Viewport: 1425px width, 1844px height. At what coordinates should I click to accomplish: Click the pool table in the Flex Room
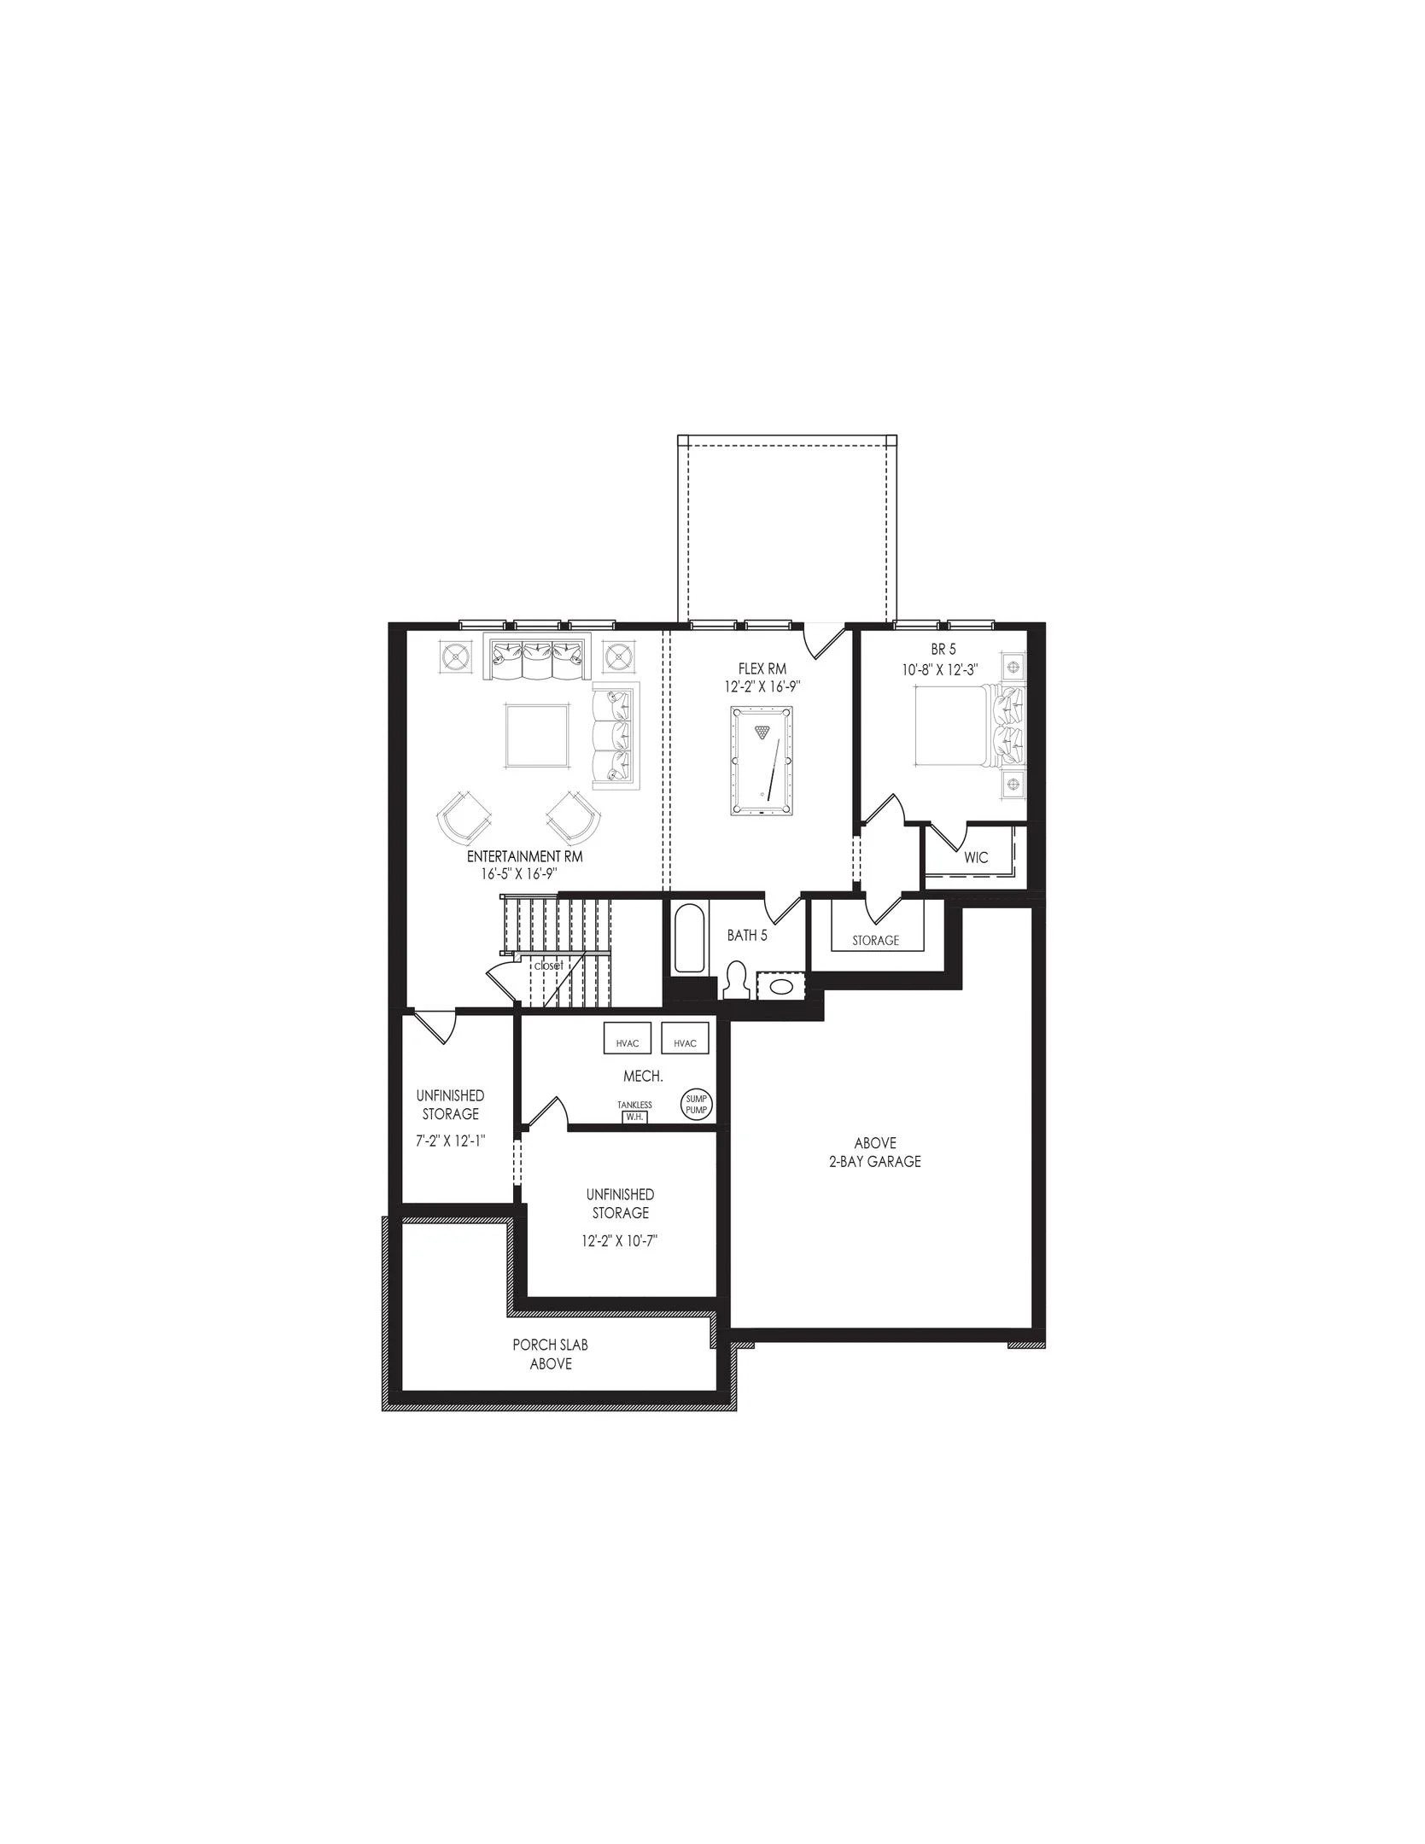click(x=762, y=761)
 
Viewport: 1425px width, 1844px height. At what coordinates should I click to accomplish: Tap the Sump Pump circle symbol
click(x=697, y=1104)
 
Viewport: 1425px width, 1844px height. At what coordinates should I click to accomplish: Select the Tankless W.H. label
click(x=634, y=1111)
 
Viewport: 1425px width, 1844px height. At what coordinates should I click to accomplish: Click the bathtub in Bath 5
click(x=688, y=940)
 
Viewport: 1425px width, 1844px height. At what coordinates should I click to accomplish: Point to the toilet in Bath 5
click(x=735, y=979)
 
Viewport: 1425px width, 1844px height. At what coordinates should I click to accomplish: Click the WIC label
click(x=976, y=857)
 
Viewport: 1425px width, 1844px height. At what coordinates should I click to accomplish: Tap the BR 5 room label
click(x=943, y=650)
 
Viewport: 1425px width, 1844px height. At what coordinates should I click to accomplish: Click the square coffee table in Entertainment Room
click(x=537, y=735)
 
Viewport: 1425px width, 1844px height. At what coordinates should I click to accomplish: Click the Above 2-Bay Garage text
click(x=875, y=1152)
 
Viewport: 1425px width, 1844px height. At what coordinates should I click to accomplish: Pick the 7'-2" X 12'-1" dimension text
click(x=451, y=1141)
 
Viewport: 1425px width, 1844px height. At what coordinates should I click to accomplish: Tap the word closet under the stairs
click(x=548, y=966)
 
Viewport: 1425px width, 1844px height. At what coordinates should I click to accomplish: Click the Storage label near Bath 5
click(x=875, y=941)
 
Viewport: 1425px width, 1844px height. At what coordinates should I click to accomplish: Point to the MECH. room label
click(x=643, y=1077)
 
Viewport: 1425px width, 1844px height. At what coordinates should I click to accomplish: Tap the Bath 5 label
click(x=747, y=936)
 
